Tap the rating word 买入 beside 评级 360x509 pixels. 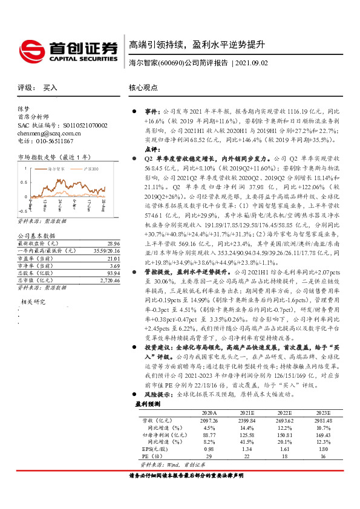coord(50,88)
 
